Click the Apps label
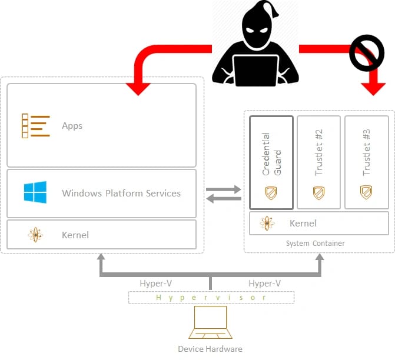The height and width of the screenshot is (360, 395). (72, 126)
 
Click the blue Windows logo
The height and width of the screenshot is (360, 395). (35, 193)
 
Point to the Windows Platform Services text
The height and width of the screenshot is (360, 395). (121, 193)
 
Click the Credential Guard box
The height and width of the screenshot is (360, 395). (271, 162)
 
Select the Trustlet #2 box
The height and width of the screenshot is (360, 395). (319, 162)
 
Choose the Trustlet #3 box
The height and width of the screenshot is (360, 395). (366, 162)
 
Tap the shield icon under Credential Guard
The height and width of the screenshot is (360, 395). (271, 192)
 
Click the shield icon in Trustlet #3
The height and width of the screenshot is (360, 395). (366, 192)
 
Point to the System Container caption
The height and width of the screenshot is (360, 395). (316, 243)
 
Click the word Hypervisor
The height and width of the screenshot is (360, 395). (211, 298)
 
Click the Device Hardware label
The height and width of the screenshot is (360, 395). (210, 349)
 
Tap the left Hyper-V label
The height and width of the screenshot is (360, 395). (156, 284)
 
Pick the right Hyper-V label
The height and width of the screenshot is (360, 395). (264, 284)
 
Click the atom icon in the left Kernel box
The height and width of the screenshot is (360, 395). (35, 235)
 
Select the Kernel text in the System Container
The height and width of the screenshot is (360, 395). (303, 223)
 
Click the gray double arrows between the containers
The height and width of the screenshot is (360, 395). (224, 194)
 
